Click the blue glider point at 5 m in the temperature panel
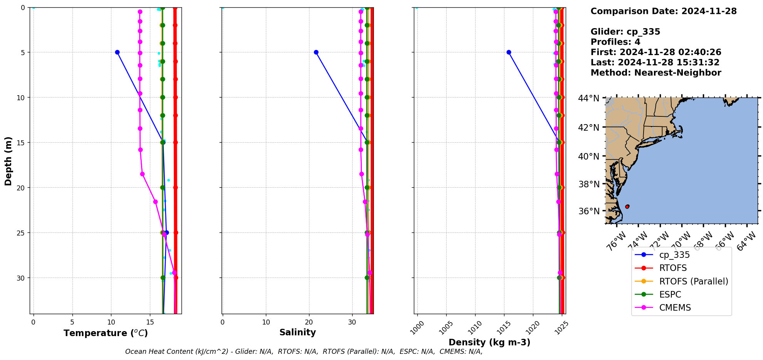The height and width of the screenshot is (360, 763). tap(117, 52)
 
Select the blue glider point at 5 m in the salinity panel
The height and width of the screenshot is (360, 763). tap(316, 52)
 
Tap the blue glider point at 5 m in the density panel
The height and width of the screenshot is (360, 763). tap(509, 52)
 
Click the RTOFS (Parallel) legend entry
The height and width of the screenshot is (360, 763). tap(694, 281)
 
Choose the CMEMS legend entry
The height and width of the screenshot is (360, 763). tap(675, 308)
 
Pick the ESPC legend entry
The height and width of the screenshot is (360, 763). tap(670, 294)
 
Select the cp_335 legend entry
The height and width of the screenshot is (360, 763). tap(674, 255)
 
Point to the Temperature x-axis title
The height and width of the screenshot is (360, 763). tap(106, 333)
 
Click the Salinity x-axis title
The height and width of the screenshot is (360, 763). tap(297, 332)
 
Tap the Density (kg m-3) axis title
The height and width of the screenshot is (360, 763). tap(489, 342)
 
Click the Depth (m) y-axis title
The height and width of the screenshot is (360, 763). tap(8, 161)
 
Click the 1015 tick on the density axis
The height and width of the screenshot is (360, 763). tap(504, 328)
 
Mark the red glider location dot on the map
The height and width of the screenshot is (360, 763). tap(627, 207)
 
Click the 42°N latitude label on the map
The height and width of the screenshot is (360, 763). tap(588, 127)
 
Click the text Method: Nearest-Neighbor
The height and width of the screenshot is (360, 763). tap(655, 73)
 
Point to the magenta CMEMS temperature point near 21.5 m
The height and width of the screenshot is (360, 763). tap(155, 202)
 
